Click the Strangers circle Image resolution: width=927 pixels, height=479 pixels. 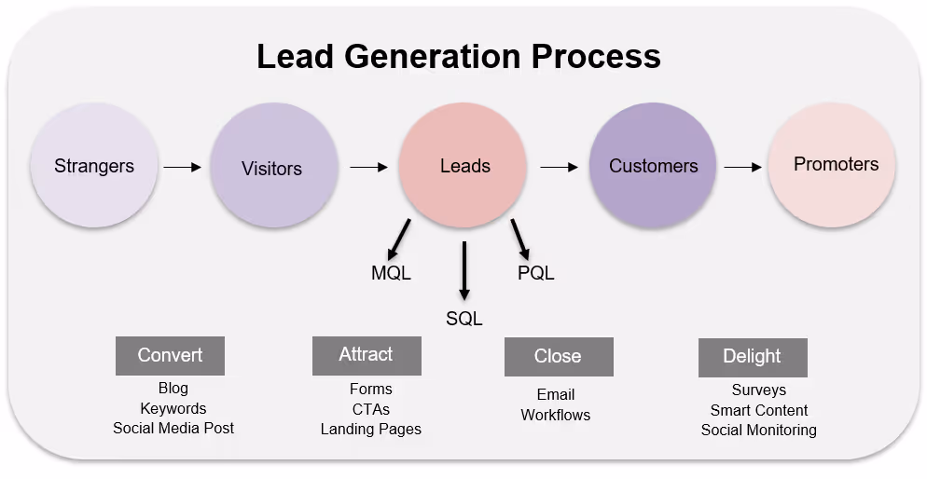coord(94,167)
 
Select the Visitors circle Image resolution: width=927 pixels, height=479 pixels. coord(272,169)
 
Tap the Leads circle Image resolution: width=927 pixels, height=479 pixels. coord(464,167)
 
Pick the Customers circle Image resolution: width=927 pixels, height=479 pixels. coord(653,166)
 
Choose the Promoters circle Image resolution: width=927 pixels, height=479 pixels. coord(832,165)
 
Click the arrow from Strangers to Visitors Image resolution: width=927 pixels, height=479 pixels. coord(182,168)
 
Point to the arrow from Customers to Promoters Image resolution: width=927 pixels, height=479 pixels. coord(742,168)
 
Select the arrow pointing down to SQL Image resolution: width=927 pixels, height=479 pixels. coord(464,270)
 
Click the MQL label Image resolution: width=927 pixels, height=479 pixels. coord(391,273)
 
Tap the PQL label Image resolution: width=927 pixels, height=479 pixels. coord(535,273)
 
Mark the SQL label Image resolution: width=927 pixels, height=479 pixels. coord(463,319)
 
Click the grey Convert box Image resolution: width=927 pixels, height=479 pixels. coord(170,355)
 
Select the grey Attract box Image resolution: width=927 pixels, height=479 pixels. coord(366,355)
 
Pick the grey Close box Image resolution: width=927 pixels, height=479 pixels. coord(558,357)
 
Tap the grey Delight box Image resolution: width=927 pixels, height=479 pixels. coord(752,357)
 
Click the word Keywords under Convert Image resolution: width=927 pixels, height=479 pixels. coord(173,408)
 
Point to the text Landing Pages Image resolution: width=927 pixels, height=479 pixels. coord(370,430)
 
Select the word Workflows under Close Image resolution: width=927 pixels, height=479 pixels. coord(555,415)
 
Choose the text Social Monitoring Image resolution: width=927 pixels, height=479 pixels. coord(758,431)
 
